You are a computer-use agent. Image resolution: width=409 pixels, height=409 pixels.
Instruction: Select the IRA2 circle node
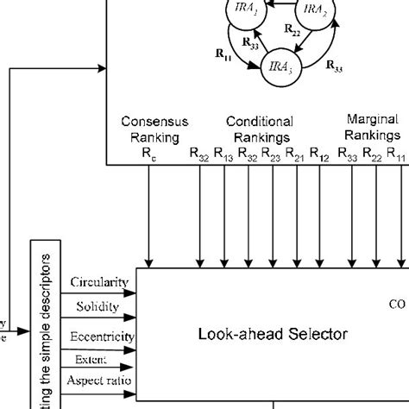coord(314,12)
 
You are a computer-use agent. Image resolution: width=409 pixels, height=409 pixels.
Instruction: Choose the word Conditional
coord(259,122)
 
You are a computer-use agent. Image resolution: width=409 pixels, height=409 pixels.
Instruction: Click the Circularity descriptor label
coord(100,282)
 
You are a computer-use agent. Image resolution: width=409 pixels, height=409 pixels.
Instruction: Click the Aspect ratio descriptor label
coord(100,380)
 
